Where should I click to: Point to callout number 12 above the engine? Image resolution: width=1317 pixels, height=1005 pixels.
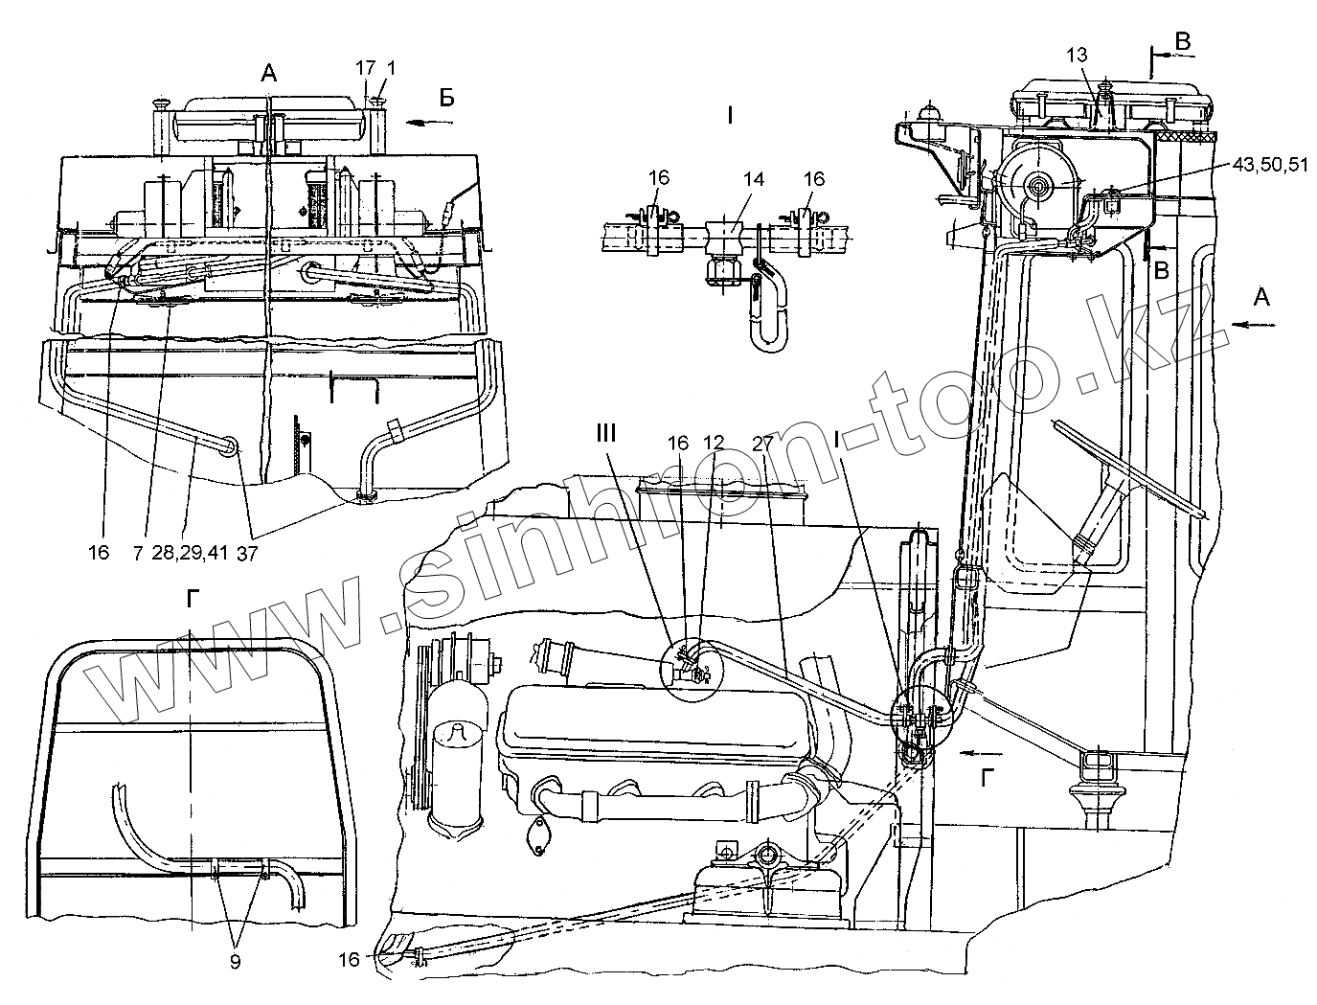(x=714, y=444)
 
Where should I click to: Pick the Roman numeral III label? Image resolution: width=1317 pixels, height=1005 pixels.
(x=605, y=433)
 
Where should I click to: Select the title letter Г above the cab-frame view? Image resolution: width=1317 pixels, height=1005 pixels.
(x=193, y=600)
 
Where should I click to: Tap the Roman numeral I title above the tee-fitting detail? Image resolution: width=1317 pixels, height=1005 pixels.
(x=729, y=118)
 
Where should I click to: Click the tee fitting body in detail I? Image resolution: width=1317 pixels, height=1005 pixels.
(x=723, y=236)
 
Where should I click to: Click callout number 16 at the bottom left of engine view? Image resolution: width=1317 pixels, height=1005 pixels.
(x=350, y=959)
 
